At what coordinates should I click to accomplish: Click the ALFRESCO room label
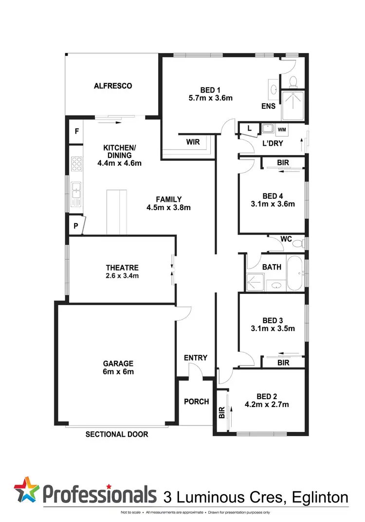point(113,86)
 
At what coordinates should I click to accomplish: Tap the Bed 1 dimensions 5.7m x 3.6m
point(210,97)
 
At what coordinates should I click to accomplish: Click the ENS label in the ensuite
point(268,106)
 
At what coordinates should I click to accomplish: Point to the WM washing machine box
point(282,130)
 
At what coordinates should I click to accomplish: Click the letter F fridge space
point(76,132)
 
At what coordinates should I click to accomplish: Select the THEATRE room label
point(122,268)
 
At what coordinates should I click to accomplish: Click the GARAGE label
point(118,364)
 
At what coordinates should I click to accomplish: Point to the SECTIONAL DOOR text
point(117,434)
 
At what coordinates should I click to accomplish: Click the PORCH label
point(196,402)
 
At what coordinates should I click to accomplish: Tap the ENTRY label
point(196,358)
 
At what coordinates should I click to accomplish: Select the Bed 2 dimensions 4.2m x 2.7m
point(267,404)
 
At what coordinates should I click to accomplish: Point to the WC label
point(286,239)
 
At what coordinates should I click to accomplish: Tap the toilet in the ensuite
point(294,81)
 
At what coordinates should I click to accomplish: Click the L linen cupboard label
point(250,129)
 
